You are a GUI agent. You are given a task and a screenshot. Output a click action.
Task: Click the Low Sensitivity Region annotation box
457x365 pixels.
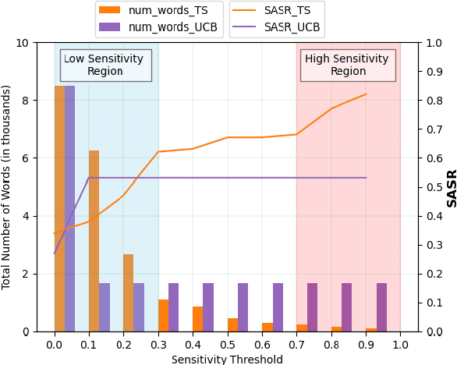pyautogui.click(x=105, y=65)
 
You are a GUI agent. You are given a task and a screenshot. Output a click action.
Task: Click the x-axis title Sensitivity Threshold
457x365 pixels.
pyautogui.click(x=227, y=359)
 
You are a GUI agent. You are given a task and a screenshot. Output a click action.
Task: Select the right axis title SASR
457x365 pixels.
pyautogui.click(x=451, y=187)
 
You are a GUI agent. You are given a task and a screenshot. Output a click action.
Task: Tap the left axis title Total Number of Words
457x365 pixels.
pyautogui.click(x=7, y=187)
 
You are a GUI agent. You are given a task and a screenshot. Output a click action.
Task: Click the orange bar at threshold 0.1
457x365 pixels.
pyautogui.click(x=94, y=241)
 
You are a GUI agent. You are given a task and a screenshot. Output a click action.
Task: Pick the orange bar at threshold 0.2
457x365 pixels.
pyautogui.click(x=128, y=292)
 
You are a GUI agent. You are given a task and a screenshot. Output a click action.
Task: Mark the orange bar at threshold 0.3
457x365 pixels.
pyautogui.click(x=163, y=315)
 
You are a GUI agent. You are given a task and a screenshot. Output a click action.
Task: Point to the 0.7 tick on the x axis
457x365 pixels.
pyautogui.click(x=296, y=344)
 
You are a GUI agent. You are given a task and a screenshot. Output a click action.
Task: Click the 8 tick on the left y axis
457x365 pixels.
pyautogui.click(x=26, y=101)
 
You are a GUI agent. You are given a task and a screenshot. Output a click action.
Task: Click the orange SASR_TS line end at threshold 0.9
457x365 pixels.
pyautogui.click(x=366, y=94)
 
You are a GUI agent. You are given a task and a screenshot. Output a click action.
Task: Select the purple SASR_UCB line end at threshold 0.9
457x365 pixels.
pyautogui.click(x=366, y=178)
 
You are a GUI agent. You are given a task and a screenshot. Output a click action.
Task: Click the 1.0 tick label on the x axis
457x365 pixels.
pyautogui.click(x=400, y=344)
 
